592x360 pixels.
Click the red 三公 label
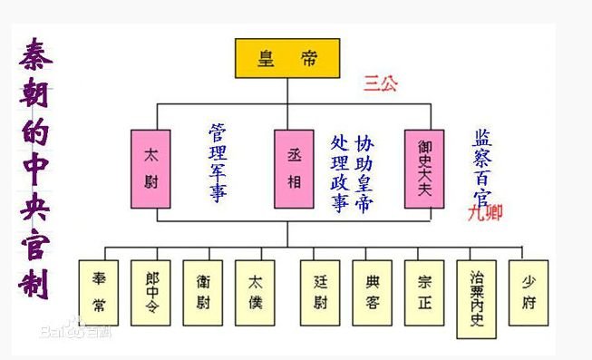(381, 83)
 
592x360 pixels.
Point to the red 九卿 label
(484, 213)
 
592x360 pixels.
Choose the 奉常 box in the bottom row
(99, 292)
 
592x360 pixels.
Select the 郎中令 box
(150, 292)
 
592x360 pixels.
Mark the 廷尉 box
(320, 292)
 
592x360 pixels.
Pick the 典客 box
(373, 292)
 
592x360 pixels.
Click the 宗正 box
(424, 292)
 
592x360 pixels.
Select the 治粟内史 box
(477, 292)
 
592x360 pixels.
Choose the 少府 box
(529, 292)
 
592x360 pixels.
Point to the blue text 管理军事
(218, 163)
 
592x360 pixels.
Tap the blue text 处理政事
(340, 173)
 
